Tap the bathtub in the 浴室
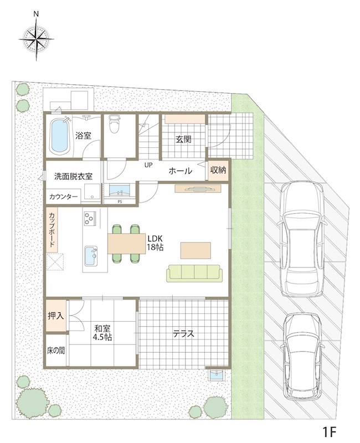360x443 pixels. pos(59,136)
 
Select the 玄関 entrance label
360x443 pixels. pos(184,140)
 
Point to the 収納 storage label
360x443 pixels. pos(218,171)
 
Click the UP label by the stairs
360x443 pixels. pos(148,165)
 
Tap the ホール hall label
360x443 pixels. pos(180,171)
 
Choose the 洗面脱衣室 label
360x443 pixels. pos(73,176)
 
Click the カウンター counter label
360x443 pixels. pos(64,196)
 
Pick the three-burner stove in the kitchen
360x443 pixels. pos(90,219)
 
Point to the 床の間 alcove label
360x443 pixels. pos(56,351)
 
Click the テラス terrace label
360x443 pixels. pos(183,334)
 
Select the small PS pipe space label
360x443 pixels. pos(120,202)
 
